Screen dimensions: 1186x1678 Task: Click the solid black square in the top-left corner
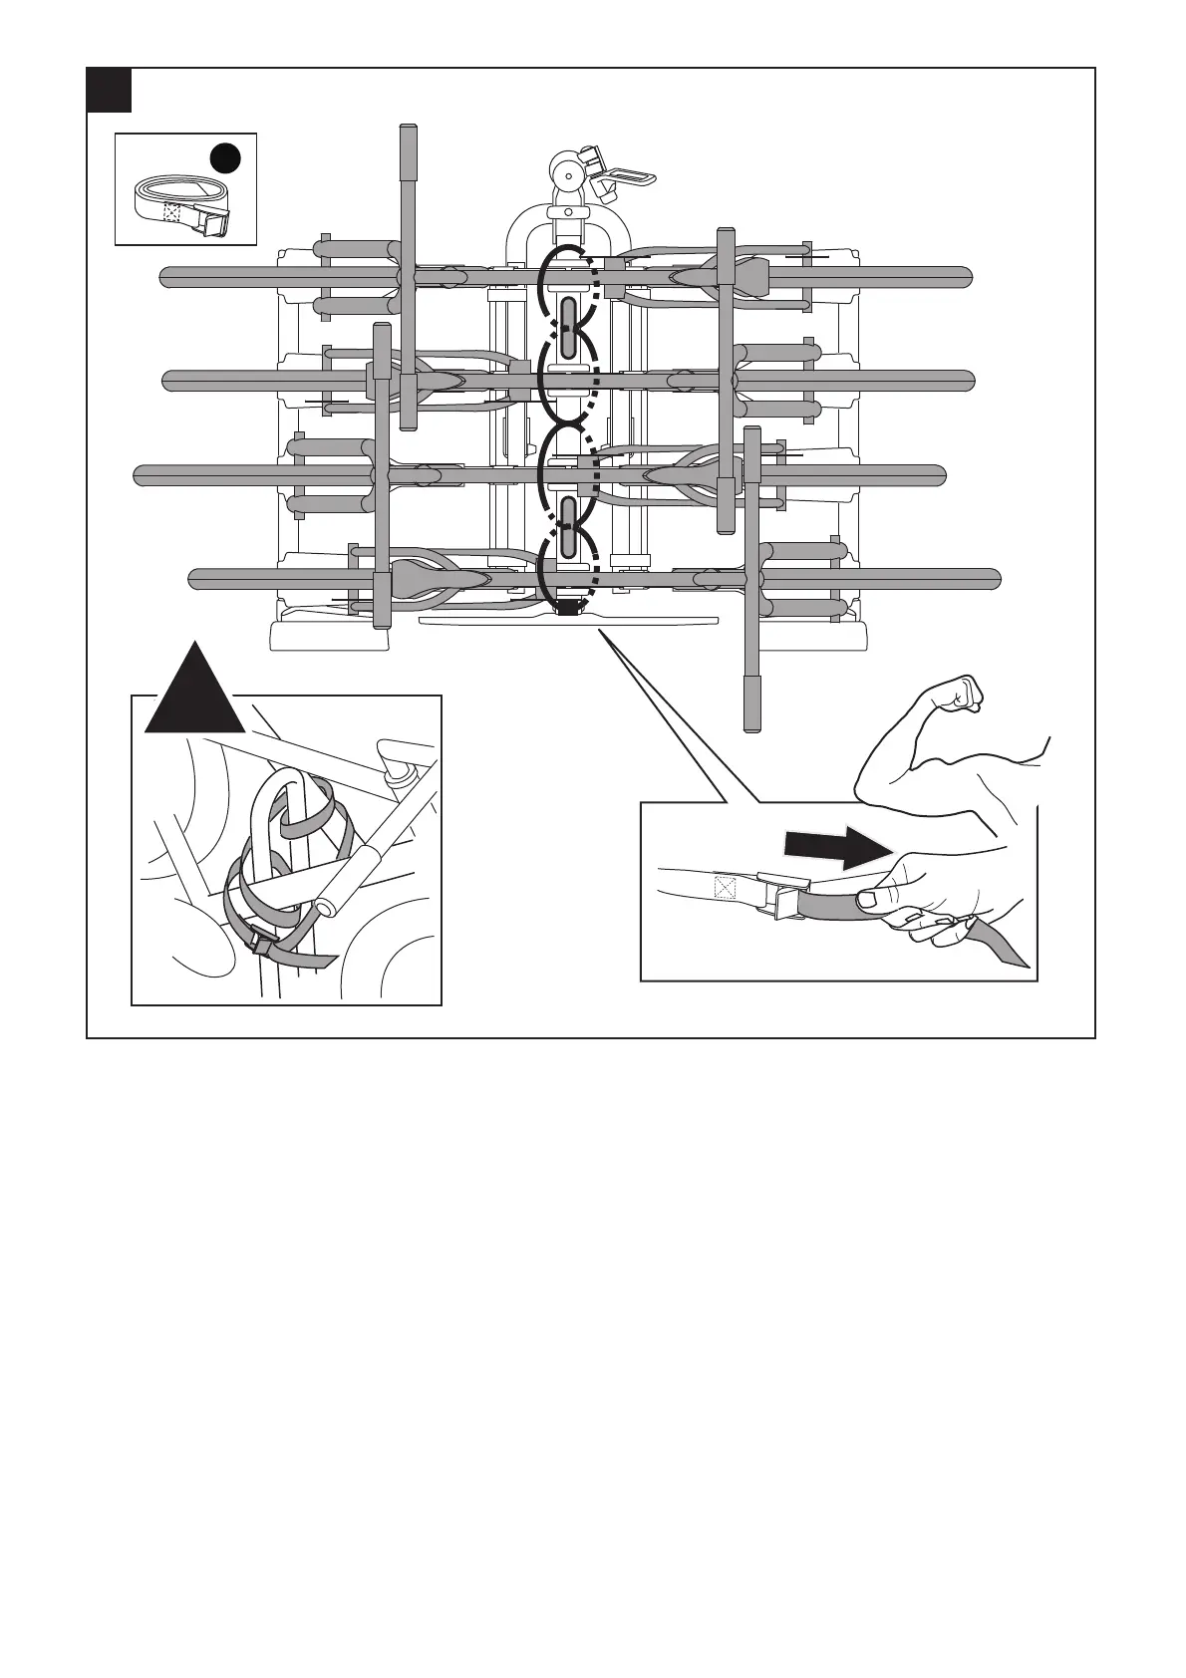109,90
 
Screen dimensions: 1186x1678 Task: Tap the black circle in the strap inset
225,158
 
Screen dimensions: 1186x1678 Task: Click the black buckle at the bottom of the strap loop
567,606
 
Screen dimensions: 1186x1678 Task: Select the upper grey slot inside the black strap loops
568,328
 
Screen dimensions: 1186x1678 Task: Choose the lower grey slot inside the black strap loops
568,526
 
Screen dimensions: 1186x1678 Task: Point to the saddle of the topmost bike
741,271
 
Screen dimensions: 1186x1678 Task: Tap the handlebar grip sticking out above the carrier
407,152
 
